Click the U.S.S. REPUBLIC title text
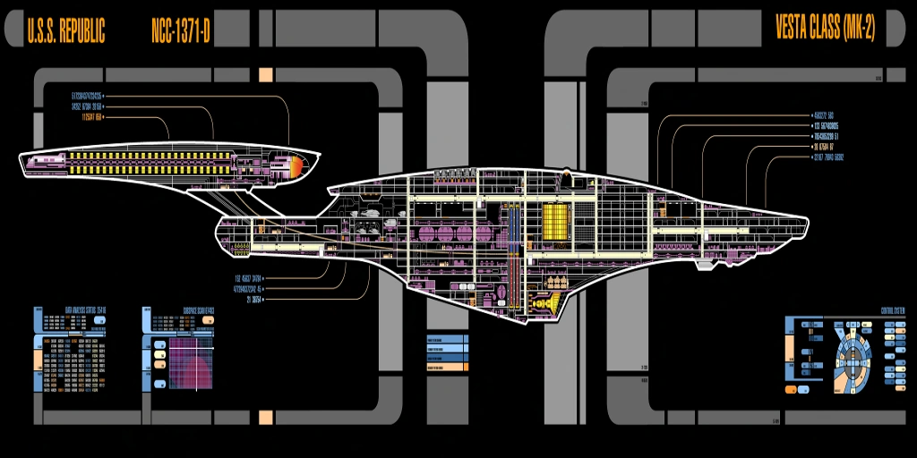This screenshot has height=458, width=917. [66, 32]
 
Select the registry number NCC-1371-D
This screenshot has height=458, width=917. [181, 32]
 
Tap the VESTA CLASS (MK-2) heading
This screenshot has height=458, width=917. [825, 30]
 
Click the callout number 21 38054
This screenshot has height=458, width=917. [248, 300]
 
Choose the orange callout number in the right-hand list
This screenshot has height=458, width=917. [823, 146]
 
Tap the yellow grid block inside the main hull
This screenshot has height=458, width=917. [555, 221]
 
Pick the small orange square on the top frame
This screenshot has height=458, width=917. [266, 74]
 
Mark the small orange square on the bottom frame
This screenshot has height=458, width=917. [266, 417]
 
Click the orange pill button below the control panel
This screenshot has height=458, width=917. [795, 390]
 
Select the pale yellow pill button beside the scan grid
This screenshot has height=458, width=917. [160, 354]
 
